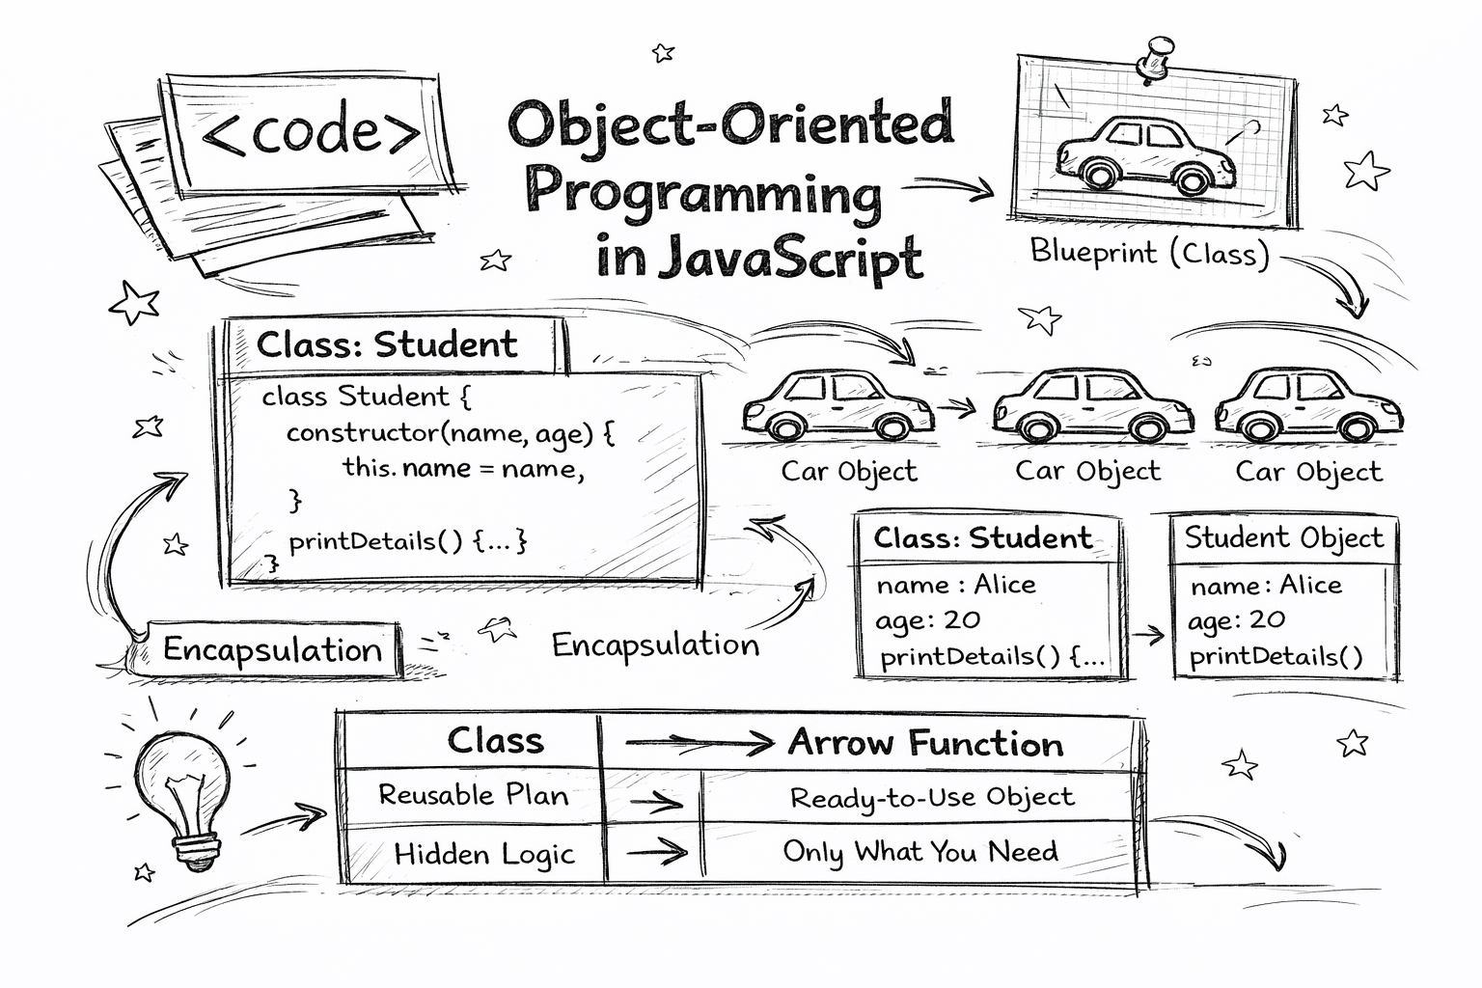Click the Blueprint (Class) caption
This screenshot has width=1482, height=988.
click(1149, 253)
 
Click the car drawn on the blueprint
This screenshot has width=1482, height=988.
click(1146, 154)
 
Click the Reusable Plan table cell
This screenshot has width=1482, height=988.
click(473, 795)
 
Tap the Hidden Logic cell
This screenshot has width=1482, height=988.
click(483, 854)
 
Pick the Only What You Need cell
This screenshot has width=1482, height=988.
click(919, 852)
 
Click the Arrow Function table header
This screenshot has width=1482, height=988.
click(925, 743)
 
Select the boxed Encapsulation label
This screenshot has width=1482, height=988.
click(272, 649)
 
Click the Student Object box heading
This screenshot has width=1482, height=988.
click(1283, 537)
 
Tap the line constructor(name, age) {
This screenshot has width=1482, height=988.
click(450, 432)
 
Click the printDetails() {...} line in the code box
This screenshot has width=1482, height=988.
click(407, 540)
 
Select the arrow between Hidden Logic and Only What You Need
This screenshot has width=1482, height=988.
click(656, 853)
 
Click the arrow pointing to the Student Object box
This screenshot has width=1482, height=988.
click(1148, 635)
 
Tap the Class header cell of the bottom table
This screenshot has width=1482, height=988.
click(495, 741)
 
